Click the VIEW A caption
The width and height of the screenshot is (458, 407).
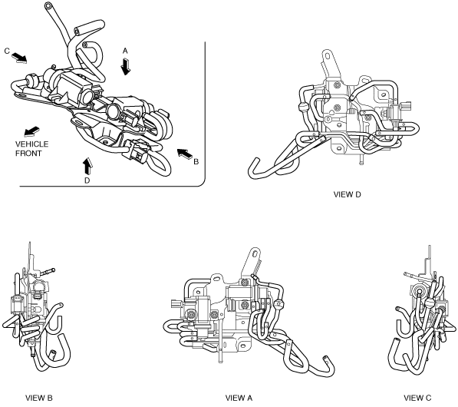pos(239,398)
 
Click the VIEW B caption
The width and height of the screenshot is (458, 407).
pos(39,398)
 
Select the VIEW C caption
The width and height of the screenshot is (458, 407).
pos(417,398)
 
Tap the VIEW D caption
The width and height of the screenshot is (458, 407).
pos(347,194)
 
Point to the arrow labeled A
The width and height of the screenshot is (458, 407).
pos(126,66)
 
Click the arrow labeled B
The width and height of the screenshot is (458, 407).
pos(185,154)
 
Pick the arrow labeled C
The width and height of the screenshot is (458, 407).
pos(20,58)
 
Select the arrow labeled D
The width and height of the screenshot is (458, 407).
pos(87,167)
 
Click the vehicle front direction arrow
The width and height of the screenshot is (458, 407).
pos(31,131)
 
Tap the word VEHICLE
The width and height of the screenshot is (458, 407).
pos(32,144)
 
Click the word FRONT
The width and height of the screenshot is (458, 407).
pos(28,154)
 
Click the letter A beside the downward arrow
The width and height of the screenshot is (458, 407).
pos(125,51)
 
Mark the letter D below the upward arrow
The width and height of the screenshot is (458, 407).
pos(87,180)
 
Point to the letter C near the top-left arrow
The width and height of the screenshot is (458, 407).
pos(7,51)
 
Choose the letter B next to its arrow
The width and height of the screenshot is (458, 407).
pos(196,162)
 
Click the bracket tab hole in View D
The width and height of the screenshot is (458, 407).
pos(327,56)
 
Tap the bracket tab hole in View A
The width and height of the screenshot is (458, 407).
pos(255,253)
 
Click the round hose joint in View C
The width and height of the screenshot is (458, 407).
pos(430,303)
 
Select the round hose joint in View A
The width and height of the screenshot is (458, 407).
pos(278,306)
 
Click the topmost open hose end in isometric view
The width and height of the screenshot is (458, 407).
pos(48,5)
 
